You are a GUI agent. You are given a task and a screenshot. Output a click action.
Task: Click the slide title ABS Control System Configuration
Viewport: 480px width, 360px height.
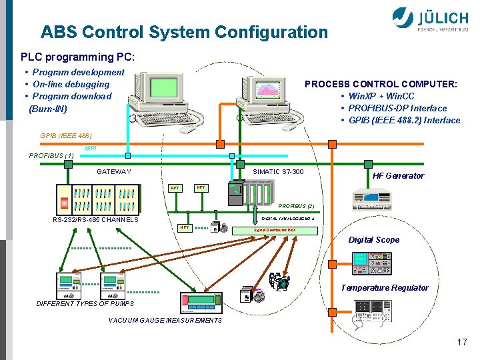pos(184,32)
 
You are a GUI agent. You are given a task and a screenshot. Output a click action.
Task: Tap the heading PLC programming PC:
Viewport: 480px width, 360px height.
pos(77,57)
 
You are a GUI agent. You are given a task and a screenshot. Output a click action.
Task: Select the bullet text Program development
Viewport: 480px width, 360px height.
pos(78,72)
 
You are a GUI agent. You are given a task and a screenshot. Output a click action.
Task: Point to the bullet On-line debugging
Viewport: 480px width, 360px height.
pos(71,84)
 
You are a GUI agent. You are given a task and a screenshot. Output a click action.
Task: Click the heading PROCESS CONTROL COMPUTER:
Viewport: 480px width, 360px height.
pos(381,84)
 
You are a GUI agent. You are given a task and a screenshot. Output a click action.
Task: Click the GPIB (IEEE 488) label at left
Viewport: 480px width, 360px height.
pos(61,135)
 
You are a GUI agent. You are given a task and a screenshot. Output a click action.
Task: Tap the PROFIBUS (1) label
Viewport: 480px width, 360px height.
pos(51,156)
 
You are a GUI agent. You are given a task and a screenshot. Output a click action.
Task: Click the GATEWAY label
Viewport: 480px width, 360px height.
pos(114,172)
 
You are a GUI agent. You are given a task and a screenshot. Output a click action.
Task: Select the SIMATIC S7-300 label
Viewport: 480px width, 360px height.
pos(278,172)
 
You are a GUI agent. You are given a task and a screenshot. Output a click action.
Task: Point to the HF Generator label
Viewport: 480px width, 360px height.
pos(398,176)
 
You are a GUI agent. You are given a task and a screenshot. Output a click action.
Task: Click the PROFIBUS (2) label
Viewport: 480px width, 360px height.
pos(296,206)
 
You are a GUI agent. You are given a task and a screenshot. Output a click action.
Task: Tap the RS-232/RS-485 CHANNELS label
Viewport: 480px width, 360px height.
pos(95,220)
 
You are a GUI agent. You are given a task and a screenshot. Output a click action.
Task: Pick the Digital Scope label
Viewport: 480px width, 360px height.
pos(374,240)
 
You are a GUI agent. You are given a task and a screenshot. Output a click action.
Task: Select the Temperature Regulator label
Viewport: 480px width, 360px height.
pos(385,288)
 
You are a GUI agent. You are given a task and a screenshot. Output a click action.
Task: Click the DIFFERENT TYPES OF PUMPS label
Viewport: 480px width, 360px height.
pos(85,304)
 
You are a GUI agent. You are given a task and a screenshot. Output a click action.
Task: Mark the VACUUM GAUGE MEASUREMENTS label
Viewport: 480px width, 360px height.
pos(165,321)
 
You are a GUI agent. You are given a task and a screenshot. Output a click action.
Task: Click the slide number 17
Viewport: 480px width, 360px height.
pos(462,342)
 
